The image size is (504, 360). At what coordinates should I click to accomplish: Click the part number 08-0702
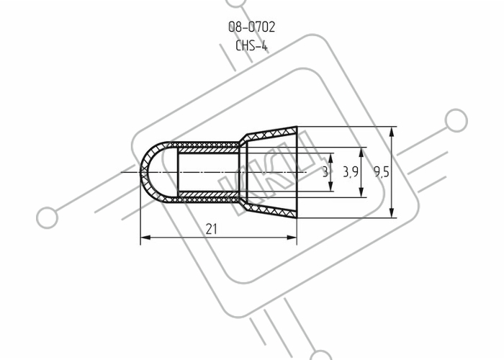pyautogui.click(x=252, y=27)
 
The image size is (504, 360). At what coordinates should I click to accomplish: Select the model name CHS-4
pyautogui.click(x=251, y=45)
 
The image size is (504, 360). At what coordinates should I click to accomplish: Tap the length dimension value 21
pyautogui.click(x=211, y=229)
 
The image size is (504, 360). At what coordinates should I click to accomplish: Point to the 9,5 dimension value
pyautogui.click(x=382, y=173)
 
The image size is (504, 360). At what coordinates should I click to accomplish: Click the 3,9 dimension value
pyautogui.click(x=351, y=172)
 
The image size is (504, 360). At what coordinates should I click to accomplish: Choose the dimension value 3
pyautogui.click(x=325, y=172)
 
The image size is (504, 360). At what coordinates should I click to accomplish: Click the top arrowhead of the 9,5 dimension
pyautogui.click(x=392, y=132)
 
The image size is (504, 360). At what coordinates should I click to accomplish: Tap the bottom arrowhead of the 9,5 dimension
pyautogui.click(x=392, y=213)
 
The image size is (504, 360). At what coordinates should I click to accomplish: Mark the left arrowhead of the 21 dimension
pyautogui.click(x=145, y=238)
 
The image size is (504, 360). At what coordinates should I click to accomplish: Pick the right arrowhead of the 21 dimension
pyautogui.click(x=292, y=238)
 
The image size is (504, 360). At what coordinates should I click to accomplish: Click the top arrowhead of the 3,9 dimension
pyautogui.click(x=361, y=153)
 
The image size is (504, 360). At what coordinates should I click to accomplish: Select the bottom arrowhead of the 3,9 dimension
pyautogui.click(x=361, y=192)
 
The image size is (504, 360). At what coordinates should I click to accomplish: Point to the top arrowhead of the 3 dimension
pyautogui.click(x=331, y=158)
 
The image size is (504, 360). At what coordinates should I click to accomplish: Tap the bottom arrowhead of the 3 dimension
pyautogui.click(x=331, y=186)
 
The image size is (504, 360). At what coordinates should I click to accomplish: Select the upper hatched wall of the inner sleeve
pyautogui.click(x=209, y=150)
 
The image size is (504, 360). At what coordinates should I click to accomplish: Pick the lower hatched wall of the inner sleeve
pyautogui.click(x=209, y=194)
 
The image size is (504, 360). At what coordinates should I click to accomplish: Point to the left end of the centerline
pyautogui.click(x=121, y=173)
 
